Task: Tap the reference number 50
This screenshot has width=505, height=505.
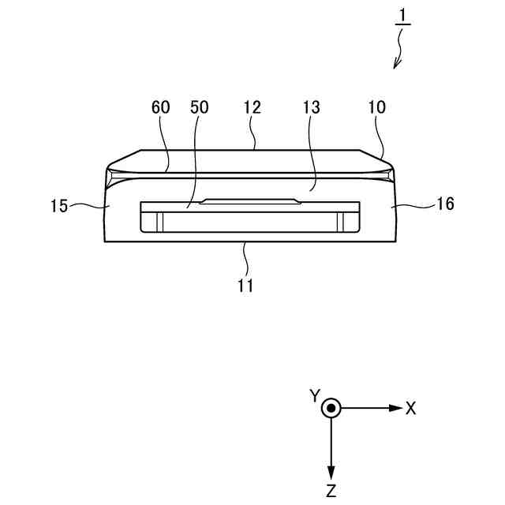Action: [199, 108]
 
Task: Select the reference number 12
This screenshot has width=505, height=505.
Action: [252, 108]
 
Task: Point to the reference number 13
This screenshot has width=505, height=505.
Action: [312, 108]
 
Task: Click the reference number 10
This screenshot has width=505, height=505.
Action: [376, 108]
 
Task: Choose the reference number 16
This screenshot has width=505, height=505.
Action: [445, 204]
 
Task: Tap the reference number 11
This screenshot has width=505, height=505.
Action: [245, 286]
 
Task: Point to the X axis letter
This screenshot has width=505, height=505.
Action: [410, 408]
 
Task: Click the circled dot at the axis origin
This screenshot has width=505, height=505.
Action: [332, 408]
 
